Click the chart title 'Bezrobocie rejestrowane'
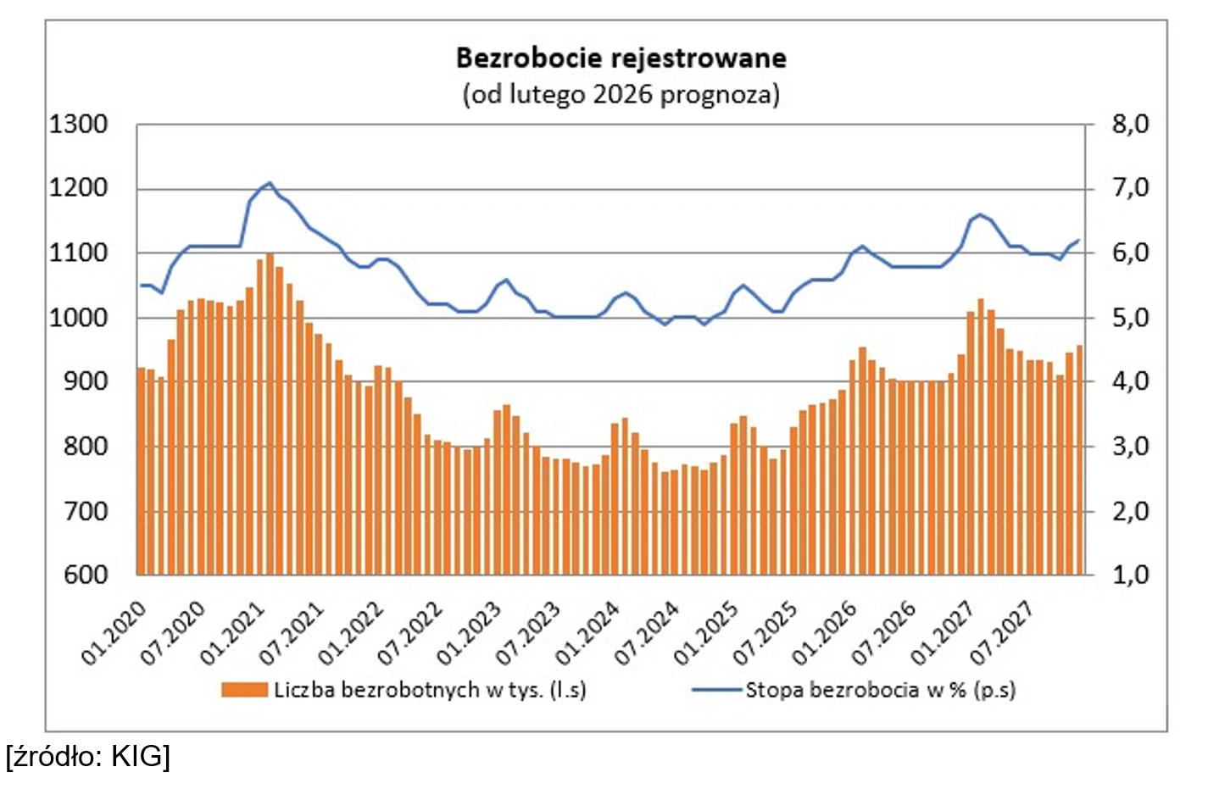coord(621,58)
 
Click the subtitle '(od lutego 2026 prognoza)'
coord(621,93)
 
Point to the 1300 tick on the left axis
coord(78,125)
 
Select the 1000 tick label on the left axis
coord(78,318)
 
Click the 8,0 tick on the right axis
coord(1129,125)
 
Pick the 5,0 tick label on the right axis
coord(1129,318)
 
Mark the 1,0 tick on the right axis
coord(1129,575)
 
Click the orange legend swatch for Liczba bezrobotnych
coord(244,690)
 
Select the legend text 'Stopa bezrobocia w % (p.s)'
coord(880,690)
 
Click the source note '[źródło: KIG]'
coord(88,755)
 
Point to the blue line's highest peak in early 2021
coord(270,182)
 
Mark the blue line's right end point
coord(1079,241)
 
